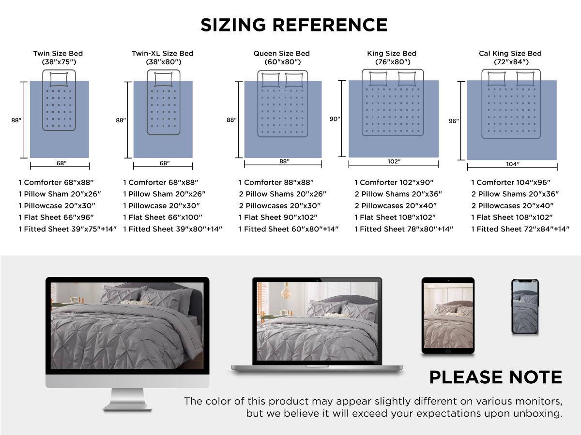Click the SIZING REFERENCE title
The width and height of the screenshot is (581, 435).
pyautogui.click(x=294, y=25)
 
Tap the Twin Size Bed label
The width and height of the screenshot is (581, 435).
pyautogui.click(x=58, y=53)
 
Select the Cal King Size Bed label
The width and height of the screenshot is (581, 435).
pyautogui.click(x=510, y=53)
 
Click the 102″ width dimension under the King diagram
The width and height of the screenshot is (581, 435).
pyautogui.click(x=394, y=161)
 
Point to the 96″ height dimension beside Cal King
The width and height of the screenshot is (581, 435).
pyautogui.click(x=454, y=121)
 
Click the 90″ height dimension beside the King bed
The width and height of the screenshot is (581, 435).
pyautogui.click(x=335, y=119)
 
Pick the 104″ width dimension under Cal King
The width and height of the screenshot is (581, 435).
pyautogui.click(x=513, y=164)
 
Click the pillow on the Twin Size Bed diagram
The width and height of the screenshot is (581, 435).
pyautogui.click(x=59, y=79)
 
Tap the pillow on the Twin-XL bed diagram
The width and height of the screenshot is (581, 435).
pyautogui.click(x=163, y=79)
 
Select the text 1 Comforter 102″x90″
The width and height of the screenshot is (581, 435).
pyautogui.click(x=394, y=182)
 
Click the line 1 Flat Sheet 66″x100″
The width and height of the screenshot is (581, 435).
pyautogui.click(x=163, y=217)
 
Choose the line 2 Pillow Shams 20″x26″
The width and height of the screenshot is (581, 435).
pyautogui.click(x=282, y=194)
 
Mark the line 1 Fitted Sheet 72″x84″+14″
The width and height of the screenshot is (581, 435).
pyautogui.click(x=520, y=229)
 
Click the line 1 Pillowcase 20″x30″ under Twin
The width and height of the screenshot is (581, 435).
pyautogui.click(x=57, y=206)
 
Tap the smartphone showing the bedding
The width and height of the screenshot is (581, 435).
pyautogui.click(x=525, y=306)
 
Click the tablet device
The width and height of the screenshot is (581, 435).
pyautogui.click(x=448, y=315)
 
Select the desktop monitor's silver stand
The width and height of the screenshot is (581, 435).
pyautogui.click(x=127, y=399)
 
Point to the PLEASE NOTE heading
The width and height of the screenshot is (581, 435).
pyautogui.click(x=495, y=377)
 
